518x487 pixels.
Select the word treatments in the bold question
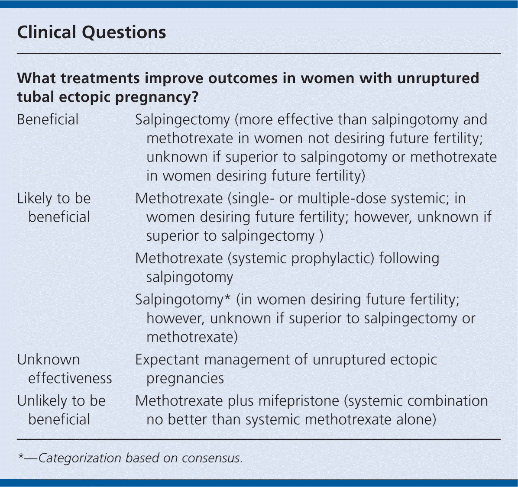(100, 79)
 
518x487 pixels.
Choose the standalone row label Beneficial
(48, 119)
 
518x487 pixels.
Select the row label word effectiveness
(70, 378)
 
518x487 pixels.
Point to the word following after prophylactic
(409, 258)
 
